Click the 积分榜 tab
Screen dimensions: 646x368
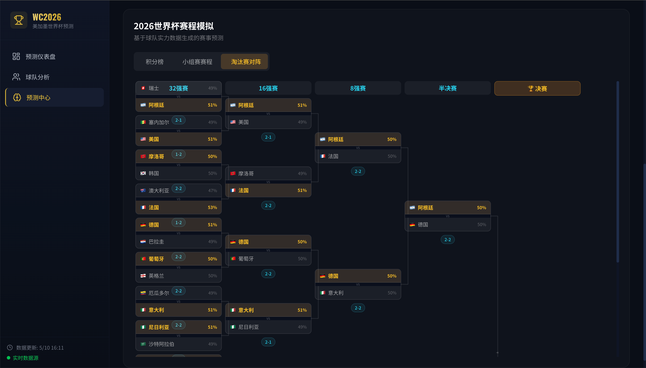[154, 62]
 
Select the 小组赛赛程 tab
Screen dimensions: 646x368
[197, 62]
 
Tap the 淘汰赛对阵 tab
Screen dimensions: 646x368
[246, 62]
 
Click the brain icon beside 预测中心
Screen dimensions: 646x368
[17, 98]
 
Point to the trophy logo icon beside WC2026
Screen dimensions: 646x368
[19, 20]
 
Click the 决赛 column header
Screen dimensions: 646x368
[537, 88]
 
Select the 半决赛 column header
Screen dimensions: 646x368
[448, 88]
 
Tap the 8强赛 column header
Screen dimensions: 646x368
[358, 88]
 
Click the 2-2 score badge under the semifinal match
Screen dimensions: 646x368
[448, 239]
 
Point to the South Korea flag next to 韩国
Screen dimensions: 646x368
[143, 173]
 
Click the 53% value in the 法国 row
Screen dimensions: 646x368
[212, 207]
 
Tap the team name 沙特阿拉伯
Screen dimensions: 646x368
[161, 344]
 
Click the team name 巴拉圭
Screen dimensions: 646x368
[156, 242]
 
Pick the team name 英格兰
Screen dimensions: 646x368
[156, 276]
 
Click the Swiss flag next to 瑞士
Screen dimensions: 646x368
[143, 88]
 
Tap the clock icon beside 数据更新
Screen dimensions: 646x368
[10, 348]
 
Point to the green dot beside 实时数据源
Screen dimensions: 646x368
[9, 358]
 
